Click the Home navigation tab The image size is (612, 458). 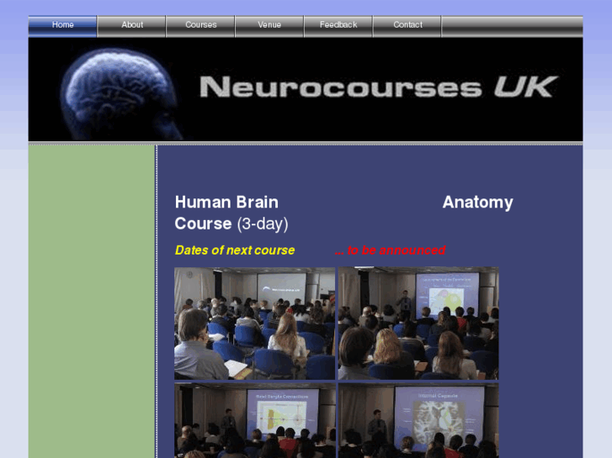click(63, 25)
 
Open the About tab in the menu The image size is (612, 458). click(132, 25)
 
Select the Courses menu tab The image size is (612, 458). click(201, 25)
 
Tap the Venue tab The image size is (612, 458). click(269, 25)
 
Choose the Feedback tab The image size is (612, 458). click(338, 25)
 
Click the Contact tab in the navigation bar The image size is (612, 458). click(407, 25)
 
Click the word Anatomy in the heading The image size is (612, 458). click(477, 203)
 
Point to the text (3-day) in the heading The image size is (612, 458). click(262, 224)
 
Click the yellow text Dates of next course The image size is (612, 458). click(235, 250)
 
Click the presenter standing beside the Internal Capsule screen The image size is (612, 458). click(376, 424)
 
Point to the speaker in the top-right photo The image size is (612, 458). click(403, 303)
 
